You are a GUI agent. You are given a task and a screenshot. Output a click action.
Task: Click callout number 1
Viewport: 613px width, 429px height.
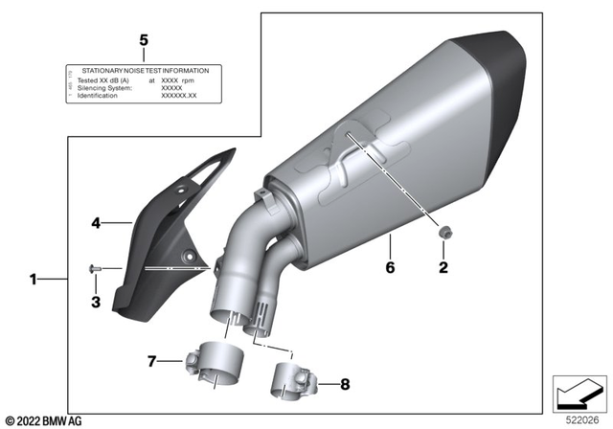(x=34, y=281)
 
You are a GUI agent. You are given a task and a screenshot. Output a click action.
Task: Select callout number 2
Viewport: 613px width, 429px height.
(x=443, y=269)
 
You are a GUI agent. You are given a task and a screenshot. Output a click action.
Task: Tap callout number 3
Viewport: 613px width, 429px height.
(x=95, y=303)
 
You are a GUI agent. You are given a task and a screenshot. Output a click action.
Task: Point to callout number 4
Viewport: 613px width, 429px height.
(x=96, y=223)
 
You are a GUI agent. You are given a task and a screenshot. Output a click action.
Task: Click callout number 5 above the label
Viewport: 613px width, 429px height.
(x=144, y=39)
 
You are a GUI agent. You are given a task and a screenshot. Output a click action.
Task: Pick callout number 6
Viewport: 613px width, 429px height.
(x=389, y=268)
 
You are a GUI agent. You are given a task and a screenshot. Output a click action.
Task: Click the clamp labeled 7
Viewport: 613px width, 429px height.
(x=213, y=367)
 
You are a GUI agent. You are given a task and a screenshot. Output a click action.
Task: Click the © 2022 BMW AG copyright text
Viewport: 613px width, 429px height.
(x=45, y=419)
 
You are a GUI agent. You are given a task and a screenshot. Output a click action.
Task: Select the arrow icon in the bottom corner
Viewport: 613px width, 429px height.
(x=579, y=393)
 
